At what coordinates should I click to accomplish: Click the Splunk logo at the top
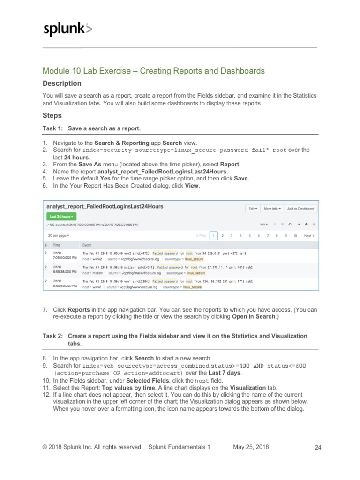[67, 29]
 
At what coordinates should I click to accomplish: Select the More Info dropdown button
[271, 208]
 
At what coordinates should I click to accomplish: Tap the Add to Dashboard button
[300, 208]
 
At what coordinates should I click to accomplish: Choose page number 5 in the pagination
[249, 236]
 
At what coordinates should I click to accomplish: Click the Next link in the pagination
[309, 236]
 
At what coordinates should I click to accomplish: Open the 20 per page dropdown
[58, 235]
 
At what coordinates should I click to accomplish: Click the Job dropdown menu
[263, 225]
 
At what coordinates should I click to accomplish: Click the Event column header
[87, 245]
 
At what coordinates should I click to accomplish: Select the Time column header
[56, 245]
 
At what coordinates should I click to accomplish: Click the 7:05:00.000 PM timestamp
[64, 257]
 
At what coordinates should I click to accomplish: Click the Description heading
[62, 83]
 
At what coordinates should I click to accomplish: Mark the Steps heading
[52, 115]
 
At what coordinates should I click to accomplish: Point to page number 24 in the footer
[318, 448]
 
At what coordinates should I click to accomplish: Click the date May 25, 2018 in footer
[251, 447]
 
